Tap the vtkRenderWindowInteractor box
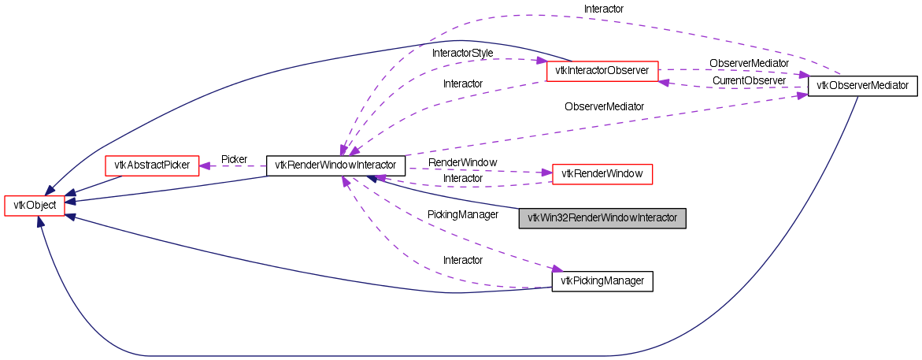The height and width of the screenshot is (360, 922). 335,165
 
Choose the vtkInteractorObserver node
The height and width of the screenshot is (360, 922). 602,70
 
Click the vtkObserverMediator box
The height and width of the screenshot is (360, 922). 863,85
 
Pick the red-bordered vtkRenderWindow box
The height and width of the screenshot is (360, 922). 602,173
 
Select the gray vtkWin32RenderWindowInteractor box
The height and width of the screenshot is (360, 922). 602,218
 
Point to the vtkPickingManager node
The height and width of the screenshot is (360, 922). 602,281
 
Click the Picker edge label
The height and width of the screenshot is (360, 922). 234,159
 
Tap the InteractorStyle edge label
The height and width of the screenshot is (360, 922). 463,53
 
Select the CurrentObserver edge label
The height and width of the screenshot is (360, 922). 749,80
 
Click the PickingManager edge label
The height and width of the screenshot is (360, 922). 463,213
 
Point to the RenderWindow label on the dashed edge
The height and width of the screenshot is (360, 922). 462,162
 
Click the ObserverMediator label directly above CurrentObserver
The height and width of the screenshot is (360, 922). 749,62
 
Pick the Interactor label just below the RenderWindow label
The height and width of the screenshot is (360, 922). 463,178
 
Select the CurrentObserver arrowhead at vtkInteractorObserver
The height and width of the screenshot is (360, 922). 663,82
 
